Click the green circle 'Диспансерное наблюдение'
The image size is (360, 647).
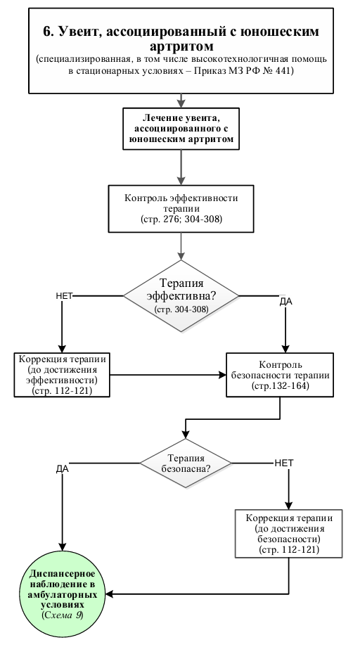[63, 594]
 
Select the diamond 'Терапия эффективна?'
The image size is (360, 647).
[181, 296]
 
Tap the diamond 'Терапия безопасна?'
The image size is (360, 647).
[186, 463]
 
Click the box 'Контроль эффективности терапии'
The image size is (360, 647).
[181, 208]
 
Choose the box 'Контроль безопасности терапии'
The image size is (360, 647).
[280, 375]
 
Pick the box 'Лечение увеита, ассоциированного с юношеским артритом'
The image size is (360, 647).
[181, 129]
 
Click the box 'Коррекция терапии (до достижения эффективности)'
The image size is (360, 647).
[62, 375]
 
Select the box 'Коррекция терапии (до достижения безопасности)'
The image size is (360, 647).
[289, 534]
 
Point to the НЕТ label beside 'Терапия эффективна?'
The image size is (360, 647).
[64, 296]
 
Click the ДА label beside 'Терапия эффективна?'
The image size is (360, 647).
[285, 302]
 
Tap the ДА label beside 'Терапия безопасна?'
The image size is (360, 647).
[63, 469]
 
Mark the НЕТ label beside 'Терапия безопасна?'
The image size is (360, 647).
[284, 463]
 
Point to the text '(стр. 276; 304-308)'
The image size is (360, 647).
[181, 219]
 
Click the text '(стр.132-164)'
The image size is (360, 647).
[280, 386]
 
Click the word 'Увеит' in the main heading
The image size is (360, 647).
[79, 32]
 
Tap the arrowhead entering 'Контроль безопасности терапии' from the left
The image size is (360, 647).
[222, 375]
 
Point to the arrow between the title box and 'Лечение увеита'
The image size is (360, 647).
[181, 101]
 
